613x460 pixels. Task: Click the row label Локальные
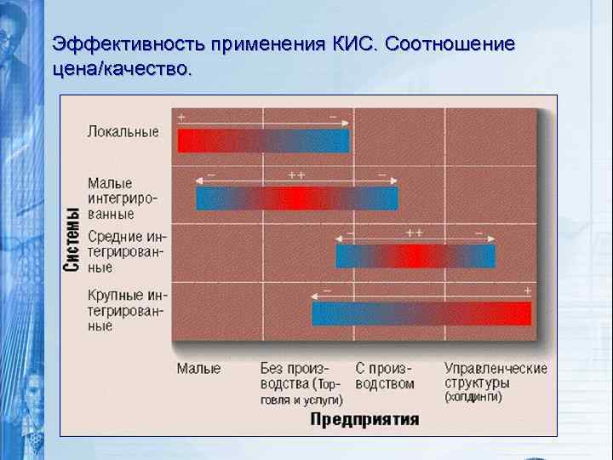tap(123, 132)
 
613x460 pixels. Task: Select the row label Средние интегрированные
tap(126, 251)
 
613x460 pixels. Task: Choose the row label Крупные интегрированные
tap(126, 310)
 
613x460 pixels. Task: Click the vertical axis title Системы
tap(74, 239)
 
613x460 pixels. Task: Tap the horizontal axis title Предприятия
tap(364, 418)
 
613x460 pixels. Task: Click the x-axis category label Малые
tap(198, 369)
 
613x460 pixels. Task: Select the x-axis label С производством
tap(384, 376)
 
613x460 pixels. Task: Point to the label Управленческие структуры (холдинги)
tap(495, 382)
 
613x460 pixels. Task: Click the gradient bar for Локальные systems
tap(263, 141)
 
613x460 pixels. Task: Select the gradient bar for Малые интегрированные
tap(296, 198)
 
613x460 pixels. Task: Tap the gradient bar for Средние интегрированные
tap(415, 256)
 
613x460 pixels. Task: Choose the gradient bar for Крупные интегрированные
tap(421, 313)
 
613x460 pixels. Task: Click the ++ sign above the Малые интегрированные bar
tap(296, 175)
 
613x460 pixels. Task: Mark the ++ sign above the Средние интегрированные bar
tap(415, 233)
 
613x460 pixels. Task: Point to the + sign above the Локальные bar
tap(182, 117)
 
